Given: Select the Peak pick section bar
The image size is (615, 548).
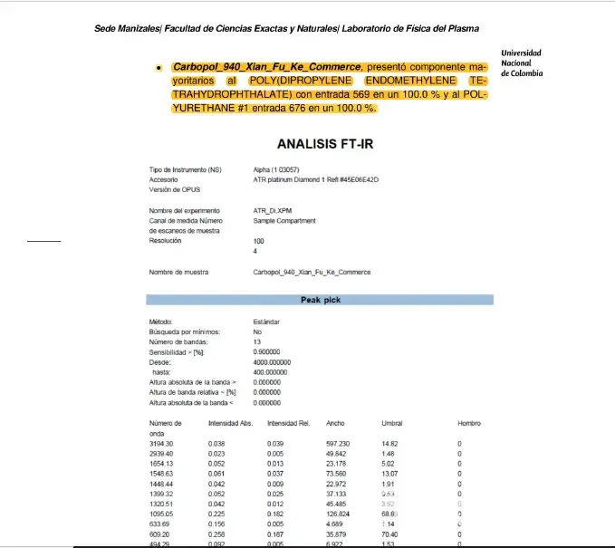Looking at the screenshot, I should pyautogui.click(x=320, y=300).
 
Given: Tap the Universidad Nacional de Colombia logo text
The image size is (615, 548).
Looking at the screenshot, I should pyautogui.click(x=522, y=63).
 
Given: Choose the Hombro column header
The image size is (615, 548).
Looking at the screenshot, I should pyautogui.click(x=468, y=423).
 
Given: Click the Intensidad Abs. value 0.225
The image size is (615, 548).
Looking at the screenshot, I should pyautogui.click(x=216, y=514).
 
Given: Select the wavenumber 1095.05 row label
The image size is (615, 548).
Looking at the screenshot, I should pyautogui.click(x=161, y=514).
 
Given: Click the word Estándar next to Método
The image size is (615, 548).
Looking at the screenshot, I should pyautogui.click(x=266, y=322).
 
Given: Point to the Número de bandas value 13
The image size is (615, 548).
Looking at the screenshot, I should pyautogui.click(x=257, y=341).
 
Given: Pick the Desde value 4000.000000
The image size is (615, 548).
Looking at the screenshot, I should pyautogui.click(x=270, y=361).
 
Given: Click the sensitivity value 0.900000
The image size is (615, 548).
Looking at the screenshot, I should pyautogui.click(x=267, y=351).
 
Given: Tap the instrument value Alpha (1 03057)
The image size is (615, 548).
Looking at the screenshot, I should pyautogui.click(x=276, y=170).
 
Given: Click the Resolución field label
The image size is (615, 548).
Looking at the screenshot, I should pyautogui.click(x=167, y=241).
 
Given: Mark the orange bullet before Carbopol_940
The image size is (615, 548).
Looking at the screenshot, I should pyautogui.click(x=159, y=68).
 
